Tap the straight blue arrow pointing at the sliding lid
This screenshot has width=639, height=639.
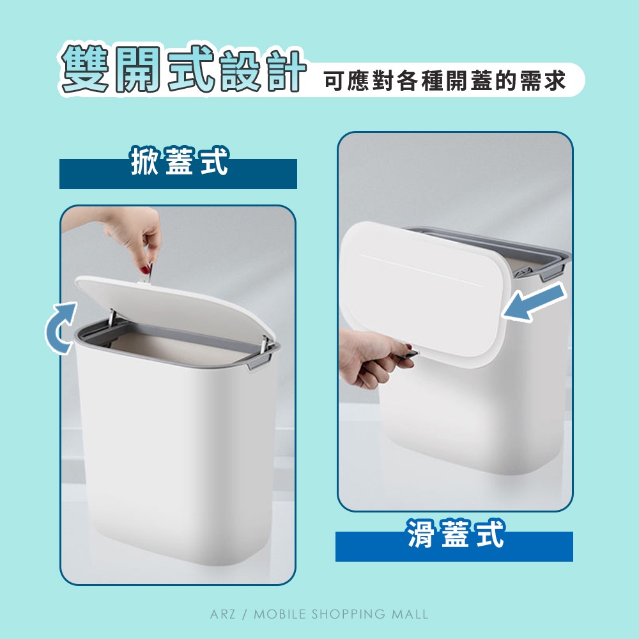tap(534, 302)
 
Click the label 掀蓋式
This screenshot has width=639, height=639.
tap(178, 161)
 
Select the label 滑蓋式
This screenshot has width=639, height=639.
tap(456, 534)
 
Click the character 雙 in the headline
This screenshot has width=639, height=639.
tap(85, 68)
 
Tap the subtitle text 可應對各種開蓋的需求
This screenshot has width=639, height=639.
tap(445, 80)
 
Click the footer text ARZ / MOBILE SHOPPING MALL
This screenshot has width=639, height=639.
tap(319, 614)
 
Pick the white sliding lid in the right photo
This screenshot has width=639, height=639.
tap(424, 288)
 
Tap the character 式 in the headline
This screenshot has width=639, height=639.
tap(190, 68)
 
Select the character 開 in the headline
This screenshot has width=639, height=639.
tap(138, 68)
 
